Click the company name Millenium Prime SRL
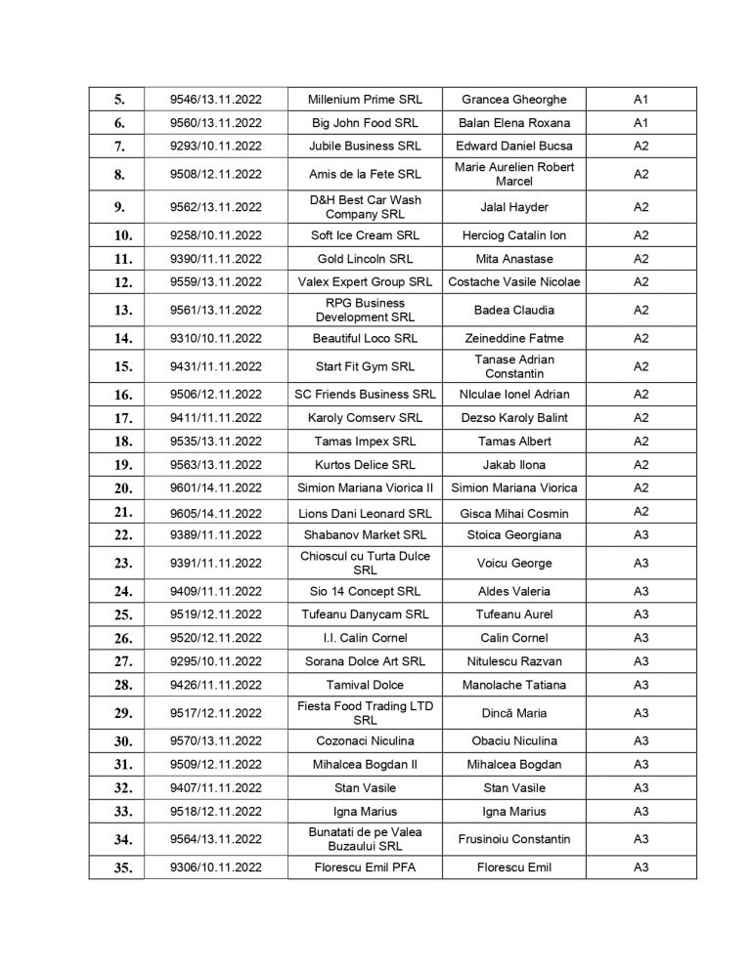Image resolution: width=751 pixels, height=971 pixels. pyautogui.click(x=365, y=100)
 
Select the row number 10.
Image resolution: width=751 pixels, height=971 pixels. pyautogui.click(x=116, y=235)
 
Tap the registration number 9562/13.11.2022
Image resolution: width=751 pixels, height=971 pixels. pyautogui.click(x=217, y=207)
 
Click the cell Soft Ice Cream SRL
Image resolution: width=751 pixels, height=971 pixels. pyautogui.click(x=365, y=235)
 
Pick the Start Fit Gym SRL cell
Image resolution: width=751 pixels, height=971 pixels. pyautogui.click(x=365, y=366)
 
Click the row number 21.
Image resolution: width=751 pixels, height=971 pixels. pyautogui.click(x=116, y=512)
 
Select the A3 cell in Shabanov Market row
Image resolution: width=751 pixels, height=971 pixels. pyautogui.click(x=641, y=535)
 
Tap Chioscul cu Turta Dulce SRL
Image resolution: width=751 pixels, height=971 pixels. pyautogui.click(x=365, y=563)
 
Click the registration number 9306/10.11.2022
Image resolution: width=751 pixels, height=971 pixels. pyautogui.click(x=217, y=866)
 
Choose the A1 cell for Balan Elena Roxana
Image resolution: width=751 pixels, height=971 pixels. pyautogui.click(x=641, y=123)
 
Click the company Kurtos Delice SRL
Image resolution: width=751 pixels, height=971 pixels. pyautogui.click(x=365, y=465)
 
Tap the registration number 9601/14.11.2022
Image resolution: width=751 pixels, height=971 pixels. pyautogui.click(x=217, y=487)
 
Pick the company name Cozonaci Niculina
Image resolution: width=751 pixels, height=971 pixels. pyautogui.click(x=365, y=740)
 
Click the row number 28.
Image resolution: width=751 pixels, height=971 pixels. pyautogui.click(x=116, y=685)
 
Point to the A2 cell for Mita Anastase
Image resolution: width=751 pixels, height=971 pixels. pyautogui.click(x=641, y=259)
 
